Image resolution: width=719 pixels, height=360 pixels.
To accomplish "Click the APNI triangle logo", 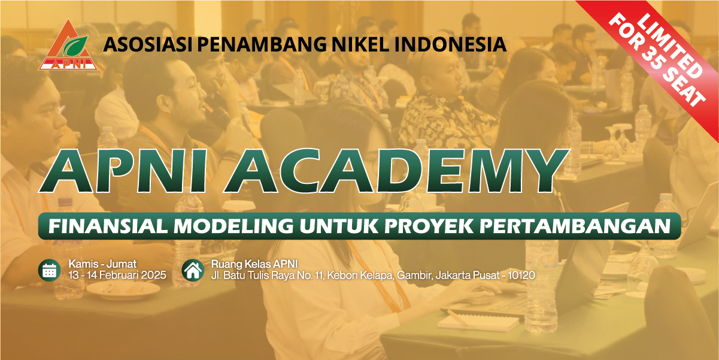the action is (x=68, y=45).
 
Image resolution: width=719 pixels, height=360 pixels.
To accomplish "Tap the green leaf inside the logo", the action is (x=75, y=46).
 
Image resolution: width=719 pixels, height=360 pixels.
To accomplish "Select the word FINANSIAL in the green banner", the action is (x=108, y=226).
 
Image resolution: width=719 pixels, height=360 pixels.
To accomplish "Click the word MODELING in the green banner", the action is (x=233, y=226).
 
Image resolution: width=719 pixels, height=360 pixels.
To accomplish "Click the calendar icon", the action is (x=50, y=270).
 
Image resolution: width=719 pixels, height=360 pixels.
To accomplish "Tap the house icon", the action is (x=193, y=270).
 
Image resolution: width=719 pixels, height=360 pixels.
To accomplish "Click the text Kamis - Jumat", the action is (x=103, y=264).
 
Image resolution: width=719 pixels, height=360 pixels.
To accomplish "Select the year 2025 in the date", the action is (x=154, y=275).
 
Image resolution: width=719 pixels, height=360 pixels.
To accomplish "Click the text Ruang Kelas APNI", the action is (x=254, y=264).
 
